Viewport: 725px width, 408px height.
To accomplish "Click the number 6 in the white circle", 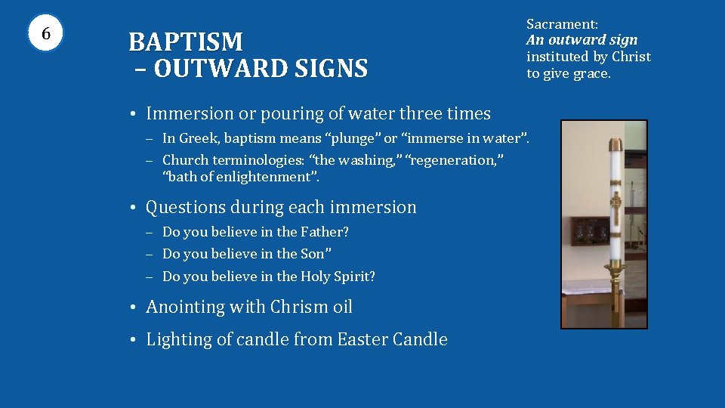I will pyautogui.click(x=46, y=34).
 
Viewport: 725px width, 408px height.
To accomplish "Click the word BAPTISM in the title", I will pyautogui.click(x=186, y=42).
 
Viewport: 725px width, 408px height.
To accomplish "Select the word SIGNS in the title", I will pyautogui.click(x=329, y=70).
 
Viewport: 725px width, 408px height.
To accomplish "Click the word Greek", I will pyautogui.click(x=199, y=138).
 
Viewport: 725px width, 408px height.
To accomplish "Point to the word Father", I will pyautogui.click(x=324, y=232).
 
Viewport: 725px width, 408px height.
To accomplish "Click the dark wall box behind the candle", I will pyautogui.click(x=589, y=232).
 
